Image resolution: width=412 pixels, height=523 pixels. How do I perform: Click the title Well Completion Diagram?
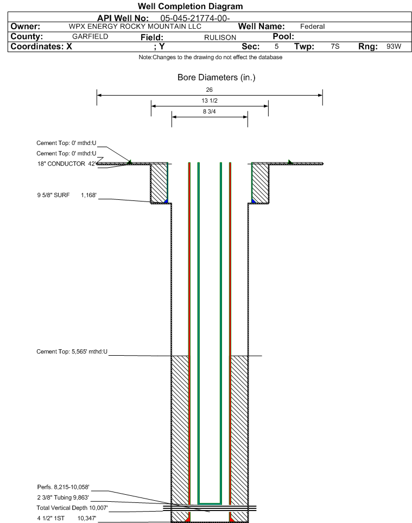[x=191, y=7]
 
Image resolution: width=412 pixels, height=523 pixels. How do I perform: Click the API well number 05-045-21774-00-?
[x=195, y=18]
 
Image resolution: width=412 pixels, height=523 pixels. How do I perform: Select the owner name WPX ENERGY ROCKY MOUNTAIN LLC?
[x=135, y=27]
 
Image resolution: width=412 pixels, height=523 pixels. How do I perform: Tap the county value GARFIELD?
[x=90, y=36]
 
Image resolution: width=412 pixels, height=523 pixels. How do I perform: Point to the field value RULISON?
[x=220, y=37]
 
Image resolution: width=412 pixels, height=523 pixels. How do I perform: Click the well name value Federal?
[x=312, y=27]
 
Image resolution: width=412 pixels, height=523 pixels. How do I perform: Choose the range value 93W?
[x=394, y=46]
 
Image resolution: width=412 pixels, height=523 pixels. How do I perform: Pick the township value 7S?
[x=335, y=46]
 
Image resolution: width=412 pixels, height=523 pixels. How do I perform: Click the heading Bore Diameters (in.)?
[x=217, y=77]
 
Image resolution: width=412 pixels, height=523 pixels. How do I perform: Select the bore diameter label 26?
[x=209, y=90]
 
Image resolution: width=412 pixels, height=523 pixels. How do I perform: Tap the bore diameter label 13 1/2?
[x=210, y=100]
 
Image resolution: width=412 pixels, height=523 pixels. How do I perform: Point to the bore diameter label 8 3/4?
[x=210, y=111]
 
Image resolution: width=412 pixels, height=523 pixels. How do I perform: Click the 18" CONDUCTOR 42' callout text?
[x=67, y=164]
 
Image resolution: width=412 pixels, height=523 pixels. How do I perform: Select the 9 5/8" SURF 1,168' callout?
[x=67, y=195]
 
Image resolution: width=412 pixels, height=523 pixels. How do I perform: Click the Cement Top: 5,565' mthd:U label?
[x=72, y=351]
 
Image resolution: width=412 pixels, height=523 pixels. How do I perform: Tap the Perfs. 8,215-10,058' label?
[x=64, y=487]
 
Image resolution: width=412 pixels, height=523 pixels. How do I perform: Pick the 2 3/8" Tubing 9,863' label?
[x=63, y=497]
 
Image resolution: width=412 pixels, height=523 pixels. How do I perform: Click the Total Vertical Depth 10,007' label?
[x=72, y=508]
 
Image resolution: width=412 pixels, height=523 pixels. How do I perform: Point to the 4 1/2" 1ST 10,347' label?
[x=67, y=518]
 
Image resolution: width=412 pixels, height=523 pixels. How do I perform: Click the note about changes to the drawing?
[x=210, y=58]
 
